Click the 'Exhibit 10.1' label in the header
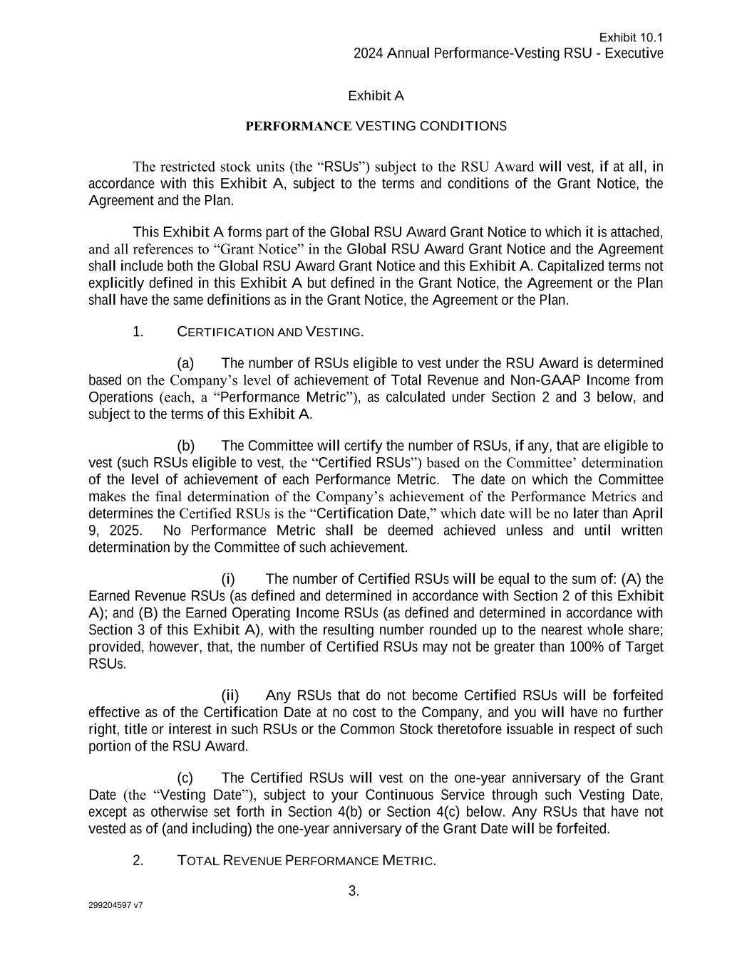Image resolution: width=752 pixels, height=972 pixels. (631, 38)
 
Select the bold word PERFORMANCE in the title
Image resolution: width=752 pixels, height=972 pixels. (298, 127)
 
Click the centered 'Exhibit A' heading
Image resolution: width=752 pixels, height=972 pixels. (376, 96)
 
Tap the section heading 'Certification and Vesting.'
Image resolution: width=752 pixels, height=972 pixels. (270, 332)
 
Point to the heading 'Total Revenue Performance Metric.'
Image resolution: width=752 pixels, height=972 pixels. (306, 861)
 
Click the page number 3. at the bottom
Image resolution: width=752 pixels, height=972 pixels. (354, 891)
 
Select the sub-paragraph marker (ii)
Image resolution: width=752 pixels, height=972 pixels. (230, 696)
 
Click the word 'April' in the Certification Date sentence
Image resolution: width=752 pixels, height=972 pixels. (647, 514)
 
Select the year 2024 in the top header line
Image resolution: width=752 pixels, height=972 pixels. (368, 54)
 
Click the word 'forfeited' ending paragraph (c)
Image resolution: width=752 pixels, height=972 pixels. (584, 830)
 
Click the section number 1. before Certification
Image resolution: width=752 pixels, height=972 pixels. (138, 332)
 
